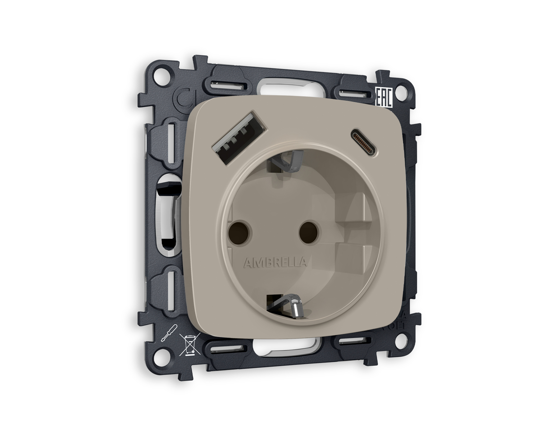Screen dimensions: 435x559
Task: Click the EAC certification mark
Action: [x=384, y=98]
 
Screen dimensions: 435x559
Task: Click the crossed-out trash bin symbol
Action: [x=189, y=345]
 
